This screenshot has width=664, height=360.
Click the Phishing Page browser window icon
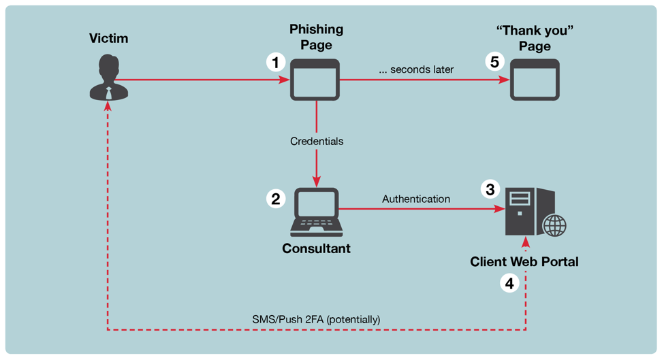pos(315,80)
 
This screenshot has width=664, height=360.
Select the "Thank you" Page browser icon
pos(535,80)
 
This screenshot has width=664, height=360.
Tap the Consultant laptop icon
pos(316,210)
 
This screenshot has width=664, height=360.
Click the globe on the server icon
pos(554,225)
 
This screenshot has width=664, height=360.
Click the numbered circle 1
pos(276,63)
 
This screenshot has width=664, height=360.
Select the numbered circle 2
pos(276,199)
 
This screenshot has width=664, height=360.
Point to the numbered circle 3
pos(490,189)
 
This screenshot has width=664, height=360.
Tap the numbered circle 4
pos(509,282)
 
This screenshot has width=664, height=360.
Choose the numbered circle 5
pos(495,62)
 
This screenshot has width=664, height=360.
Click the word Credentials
pos(317,142)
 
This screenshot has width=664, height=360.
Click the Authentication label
pos(416,199)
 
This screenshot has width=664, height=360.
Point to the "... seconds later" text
pos(416,69)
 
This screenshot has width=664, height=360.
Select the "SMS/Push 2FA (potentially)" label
pos(316,318)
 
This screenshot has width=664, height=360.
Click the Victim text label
pos(108,39)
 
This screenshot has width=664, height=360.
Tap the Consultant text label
pos(316,249)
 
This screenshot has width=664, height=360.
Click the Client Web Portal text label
pos(524,262)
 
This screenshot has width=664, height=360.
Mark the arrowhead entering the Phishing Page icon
pos(285,80)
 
